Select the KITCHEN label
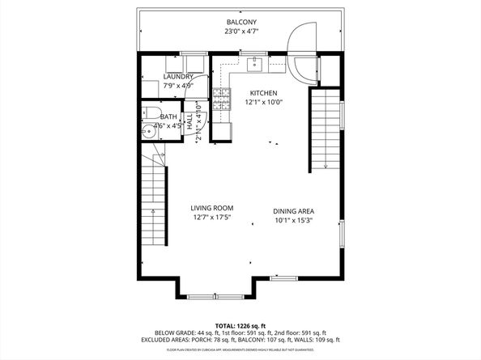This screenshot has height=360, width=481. [x=263, y=92]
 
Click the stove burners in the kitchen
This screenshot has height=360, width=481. [x=221, y=100]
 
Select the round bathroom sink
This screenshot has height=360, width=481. [x=148, y=133]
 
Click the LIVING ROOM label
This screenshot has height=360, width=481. [x=212, y=208]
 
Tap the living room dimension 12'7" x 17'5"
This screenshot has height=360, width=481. [x=212, y=218]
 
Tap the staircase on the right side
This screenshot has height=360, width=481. [x=325, y=129]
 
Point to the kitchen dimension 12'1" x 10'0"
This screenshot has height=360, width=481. [x=263, y=103]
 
